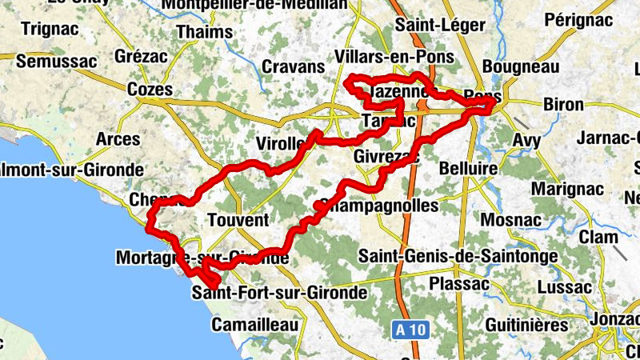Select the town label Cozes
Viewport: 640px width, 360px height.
click(150, 90)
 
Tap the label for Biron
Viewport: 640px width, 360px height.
click(563, 104)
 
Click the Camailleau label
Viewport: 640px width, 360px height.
click(254, 325)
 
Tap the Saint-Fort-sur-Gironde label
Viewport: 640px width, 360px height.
click(279, 293)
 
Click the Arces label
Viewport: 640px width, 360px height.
click(118, 139)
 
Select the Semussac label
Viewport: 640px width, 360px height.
click(56, 61)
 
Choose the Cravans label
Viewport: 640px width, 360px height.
click(293, 66)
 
